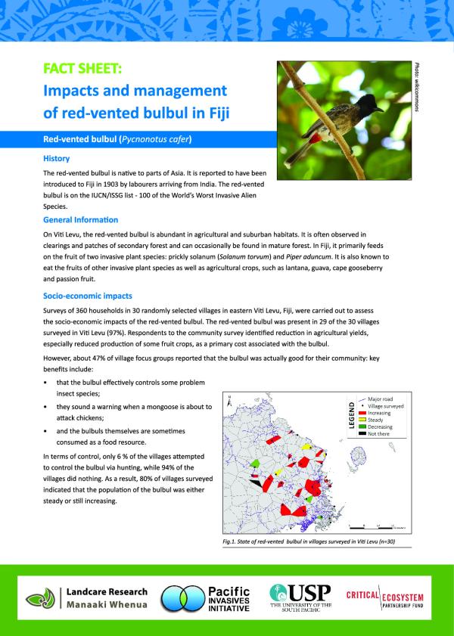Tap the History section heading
pos(57,159)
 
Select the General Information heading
pos(80,219)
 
